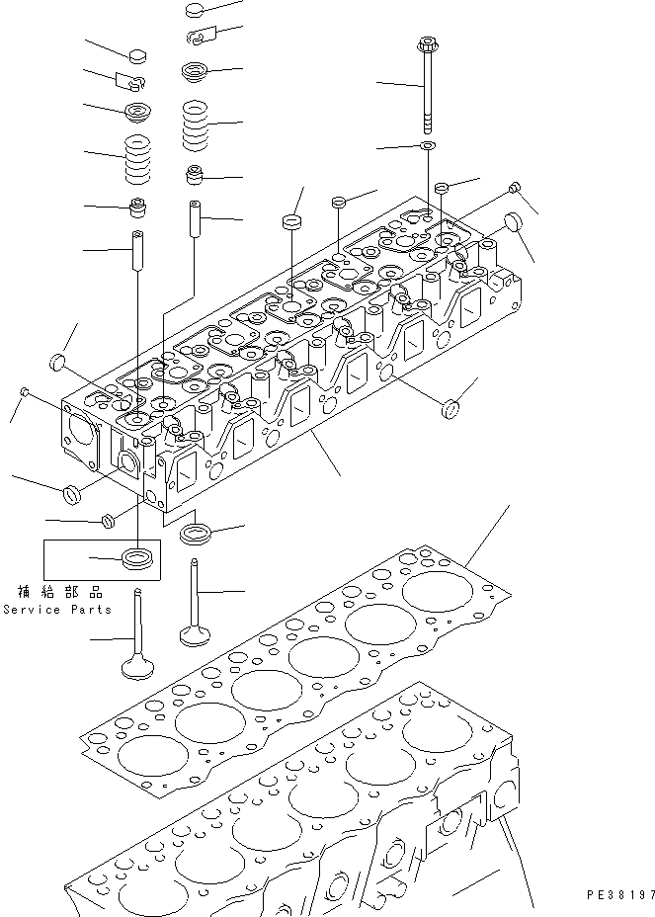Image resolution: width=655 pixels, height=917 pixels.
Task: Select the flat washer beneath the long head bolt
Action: (427, 146)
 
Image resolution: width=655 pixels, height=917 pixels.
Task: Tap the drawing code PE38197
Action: (620, 893)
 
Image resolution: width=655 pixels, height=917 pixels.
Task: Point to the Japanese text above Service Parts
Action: (60, 592)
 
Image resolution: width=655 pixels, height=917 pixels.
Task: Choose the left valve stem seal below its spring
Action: (137, 209)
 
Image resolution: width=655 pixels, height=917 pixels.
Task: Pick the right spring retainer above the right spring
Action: (195, 71)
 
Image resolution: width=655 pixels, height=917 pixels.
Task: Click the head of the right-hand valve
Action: (196, 629)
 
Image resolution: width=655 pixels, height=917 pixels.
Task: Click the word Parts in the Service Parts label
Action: (92, 610)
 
